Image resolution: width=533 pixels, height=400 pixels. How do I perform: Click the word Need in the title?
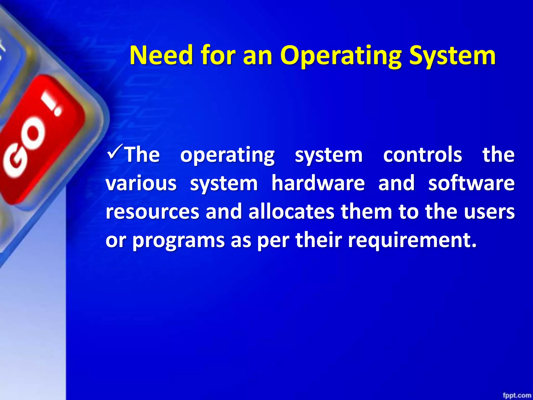pos(162,55)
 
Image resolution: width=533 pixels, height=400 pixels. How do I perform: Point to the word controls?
pos(422,155)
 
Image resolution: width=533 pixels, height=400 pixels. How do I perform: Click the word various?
pos(141,183)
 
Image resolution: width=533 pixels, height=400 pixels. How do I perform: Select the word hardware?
pos(318,183)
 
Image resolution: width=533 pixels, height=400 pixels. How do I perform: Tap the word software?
pos(471,183)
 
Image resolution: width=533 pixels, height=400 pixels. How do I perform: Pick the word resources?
pos(153,212)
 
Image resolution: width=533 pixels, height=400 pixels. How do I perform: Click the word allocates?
pos(291,212)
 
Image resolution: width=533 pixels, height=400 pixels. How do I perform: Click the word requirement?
pos(412,240)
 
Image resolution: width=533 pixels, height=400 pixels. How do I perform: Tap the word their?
pos(319,240)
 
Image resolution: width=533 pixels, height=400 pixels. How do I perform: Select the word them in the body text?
pos(366,212)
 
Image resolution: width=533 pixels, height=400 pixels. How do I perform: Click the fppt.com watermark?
pos(517,395)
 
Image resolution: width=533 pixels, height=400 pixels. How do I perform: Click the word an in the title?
pos(257,55)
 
